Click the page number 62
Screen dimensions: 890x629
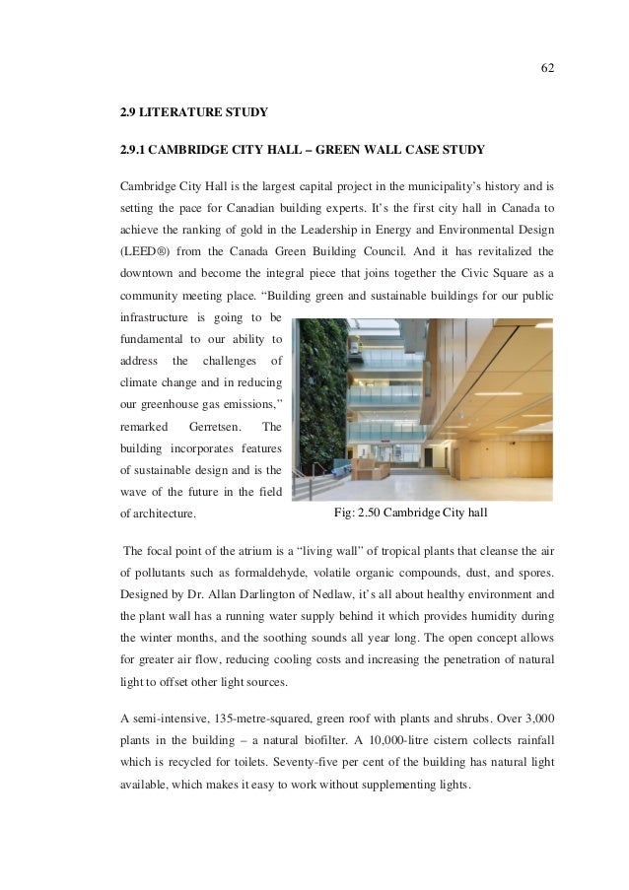point(547,68)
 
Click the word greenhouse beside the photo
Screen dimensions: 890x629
point(185,403)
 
